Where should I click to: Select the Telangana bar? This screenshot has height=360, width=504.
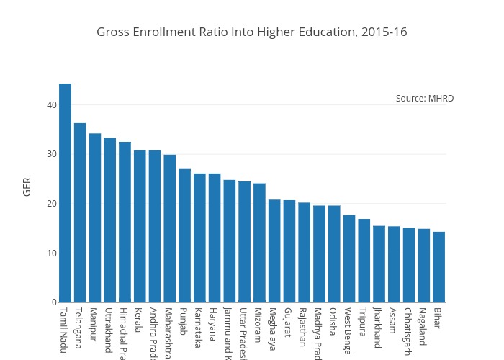(x=80, y=212)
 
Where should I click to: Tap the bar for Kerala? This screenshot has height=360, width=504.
(x=140, y=226)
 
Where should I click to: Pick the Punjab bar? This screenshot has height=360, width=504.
(x=184, y=235)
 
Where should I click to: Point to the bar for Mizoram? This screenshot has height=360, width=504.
(x=259, y=243)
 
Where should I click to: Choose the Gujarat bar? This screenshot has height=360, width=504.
(x=289, y=251)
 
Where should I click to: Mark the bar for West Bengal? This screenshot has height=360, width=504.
(x=348, y=258)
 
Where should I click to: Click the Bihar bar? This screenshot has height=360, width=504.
(x=438, y=267)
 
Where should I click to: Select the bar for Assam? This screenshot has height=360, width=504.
(x=394, y=264)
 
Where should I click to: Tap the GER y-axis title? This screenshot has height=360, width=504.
(x=27, y=186)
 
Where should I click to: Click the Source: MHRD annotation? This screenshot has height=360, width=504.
(x=425, y=99)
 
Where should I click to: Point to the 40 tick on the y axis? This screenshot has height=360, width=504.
(x=51, y=105)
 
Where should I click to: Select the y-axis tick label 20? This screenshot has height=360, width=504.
(x=51, y=204)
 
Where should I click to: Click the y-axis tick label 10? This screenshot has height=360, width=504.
(x=51, y=253)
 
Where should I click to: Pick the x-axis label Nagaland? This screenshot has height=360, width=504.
(x=423, y=327)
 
